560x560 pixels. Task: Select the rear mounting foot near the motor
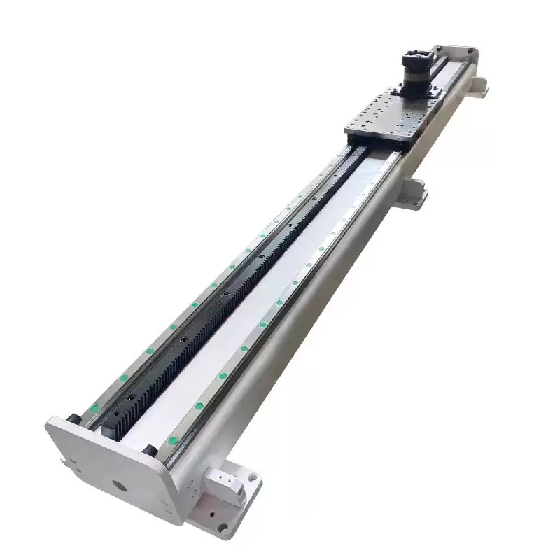click(x=478, y=89)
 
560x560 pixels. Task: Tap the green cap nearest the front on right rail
click(x=171, y=439)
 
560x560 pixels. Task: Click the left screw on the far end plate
click(x=440, y=50)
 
